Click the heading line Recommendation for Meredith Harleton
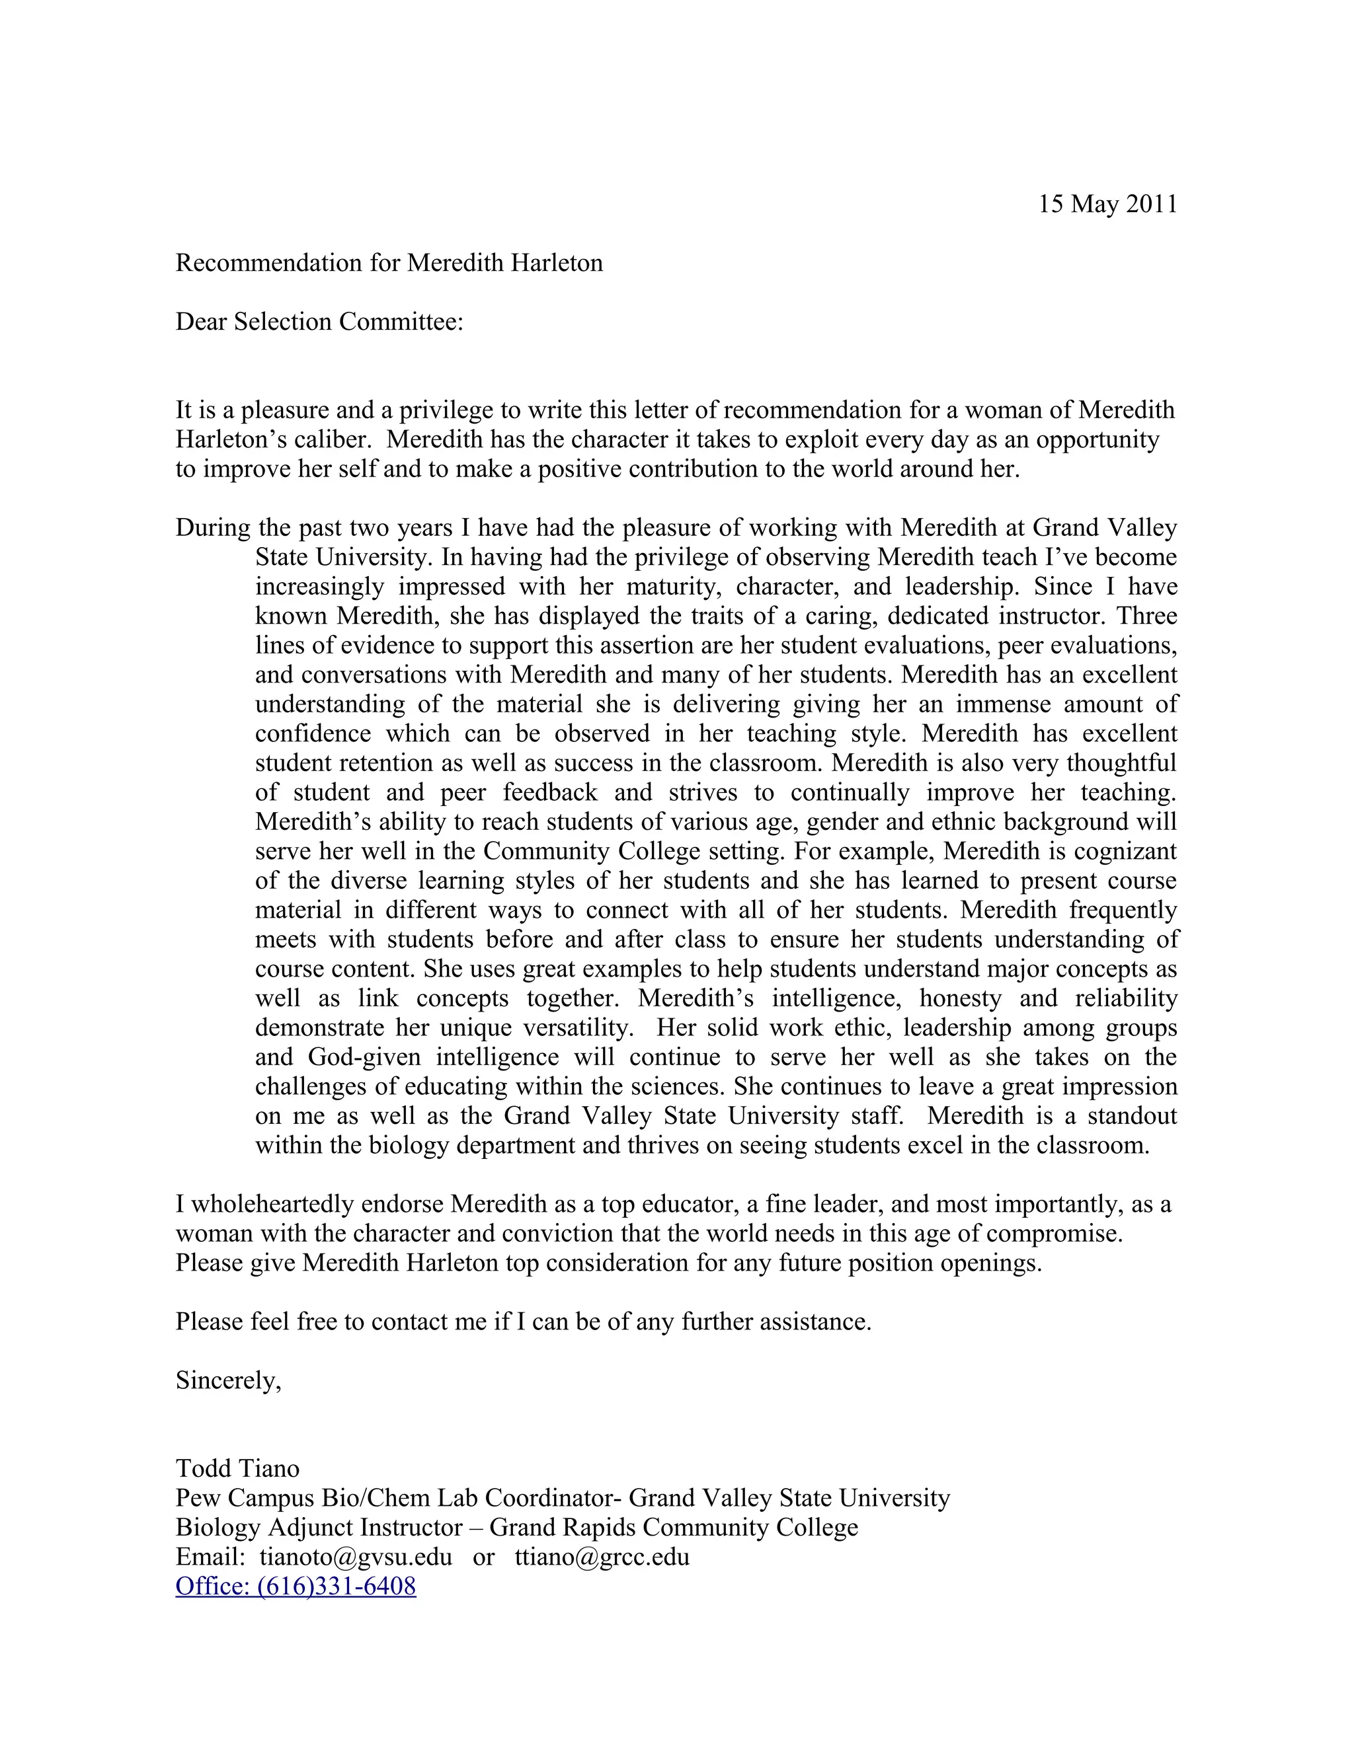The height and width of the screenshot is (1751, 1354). pyautogui.click(x=389, y=263)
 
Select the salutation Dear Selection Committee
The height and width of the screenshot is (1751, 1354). pyautogui.click(x=319, y=322)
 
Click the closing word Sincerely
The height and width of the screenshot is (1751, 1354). pyautogui.click(x=228, y=1380)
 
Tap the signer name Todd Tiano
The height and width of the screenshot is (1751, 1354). pyautogui.click(x=237, y=1468)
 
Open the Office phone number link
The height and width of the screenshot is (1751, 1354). pyautogui.click(x=296, y=1586)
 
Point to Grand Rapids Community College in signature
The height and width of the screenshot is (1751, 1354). pyautogui.click(x=673, y=1526)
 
